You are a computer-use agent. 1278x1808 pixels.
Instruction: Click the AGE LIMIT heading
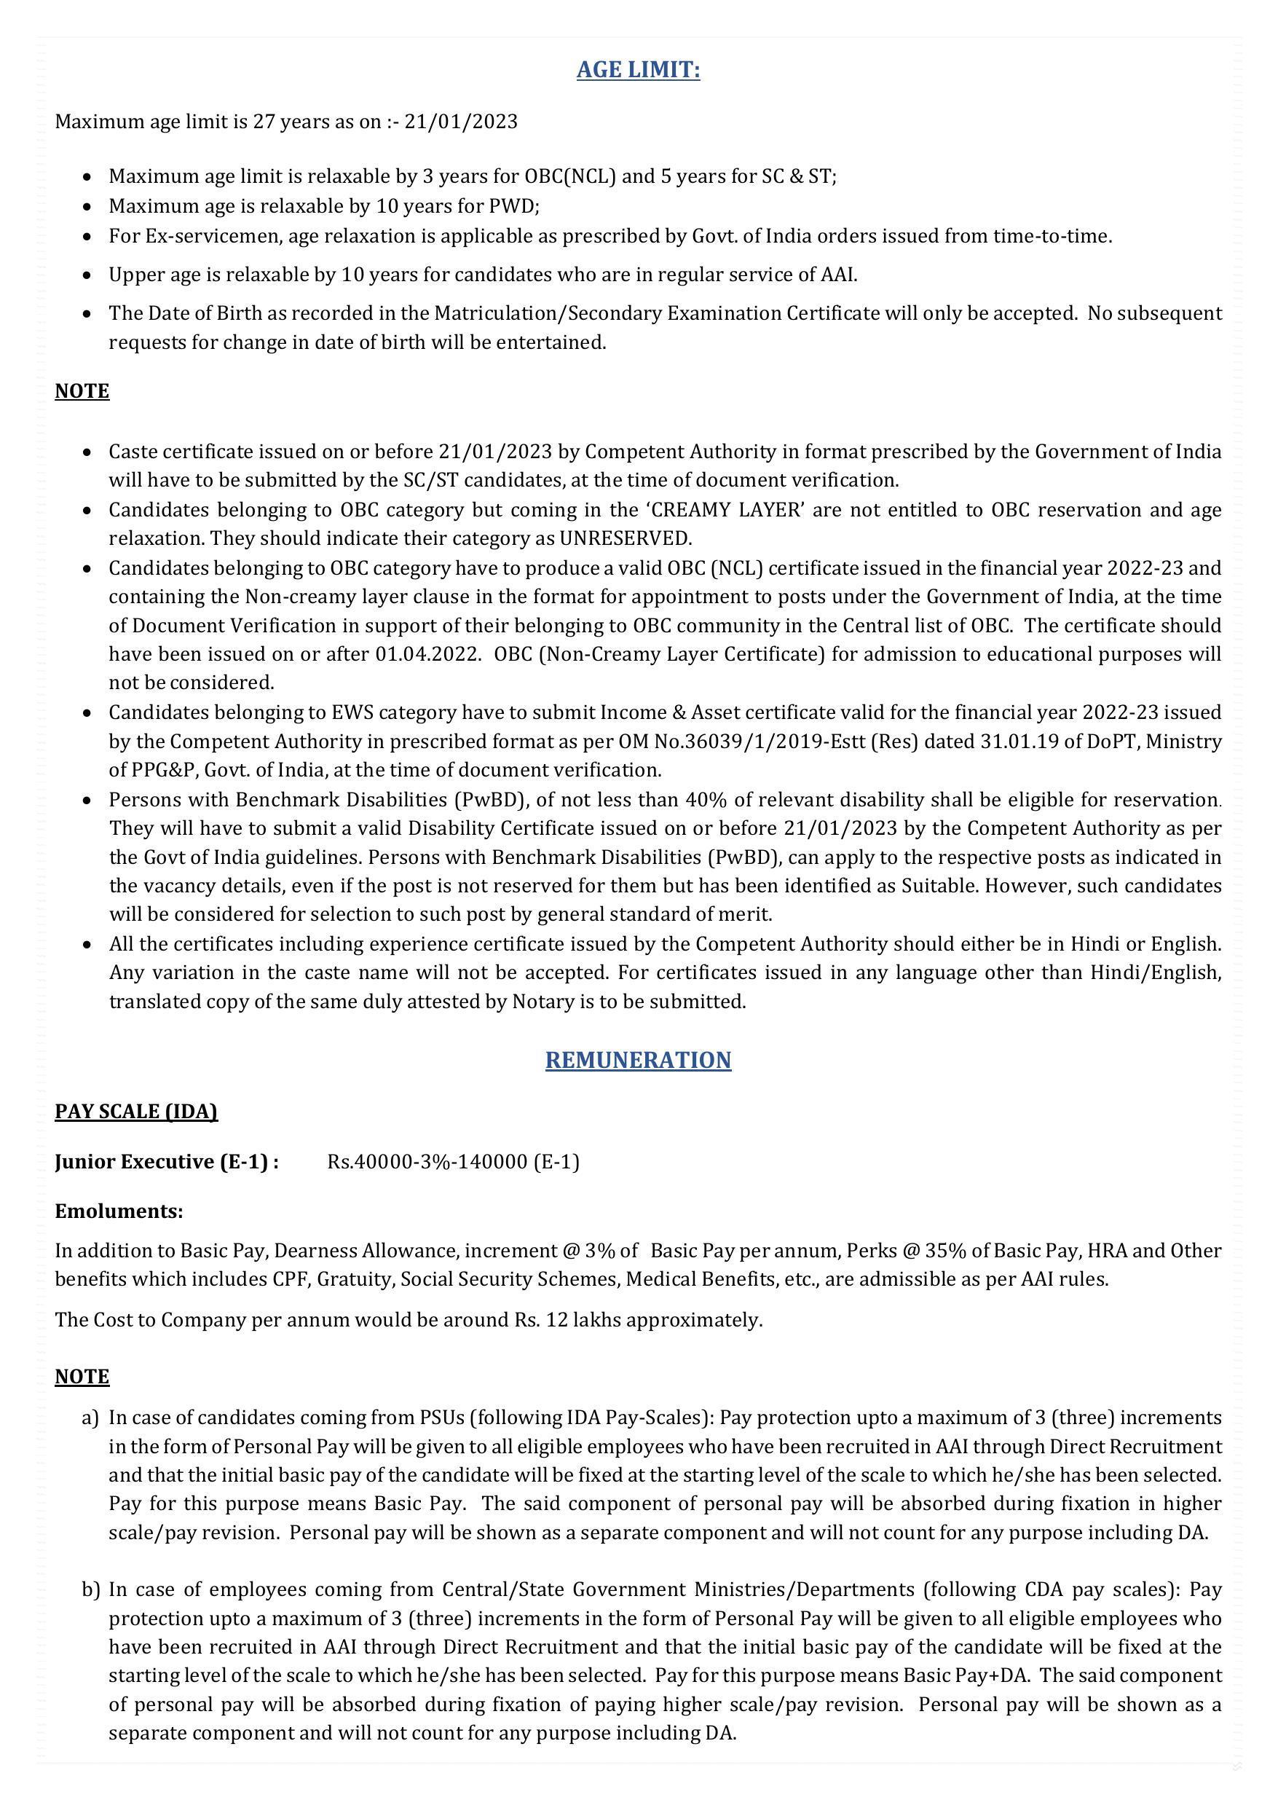638,70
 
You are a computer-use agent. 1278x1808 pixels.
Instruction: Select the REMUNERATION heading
638,1060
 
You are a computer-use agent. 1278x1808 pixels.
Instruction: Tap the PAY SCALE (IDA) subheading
136,1111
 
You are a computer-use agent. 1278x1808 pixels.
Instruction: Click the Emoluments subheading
119,1211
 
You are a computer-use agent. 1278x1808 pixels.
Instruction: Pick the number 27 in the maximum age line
263,122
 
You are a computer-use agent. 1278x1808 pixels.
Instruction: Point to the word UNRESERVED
624,539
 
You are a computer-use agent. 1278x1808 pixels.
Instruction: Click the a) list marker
90,1418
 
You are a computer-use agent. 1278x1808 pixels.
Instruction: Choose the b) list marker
90,1590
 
